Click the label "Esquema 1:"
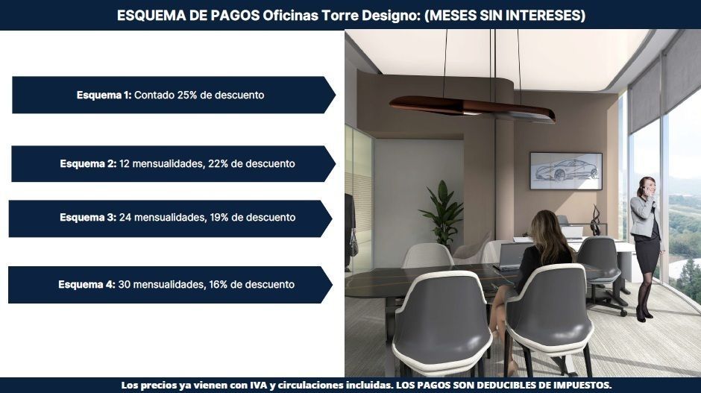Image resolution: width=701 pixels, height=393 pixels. click(104, 95)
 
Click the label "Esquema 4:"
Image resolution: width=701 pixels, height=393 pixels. click(87, 284)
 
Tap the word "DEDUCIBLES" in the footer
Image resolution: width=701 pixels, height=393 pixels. click(504, 385)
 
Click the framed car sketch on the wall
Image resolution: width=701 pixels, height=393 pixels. click(566, 171)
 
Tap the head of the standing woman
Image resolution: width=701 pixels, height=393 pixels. click(647, 186)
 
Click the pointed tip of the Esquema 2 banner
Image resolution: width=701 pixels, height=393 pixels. click(336, 163)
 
